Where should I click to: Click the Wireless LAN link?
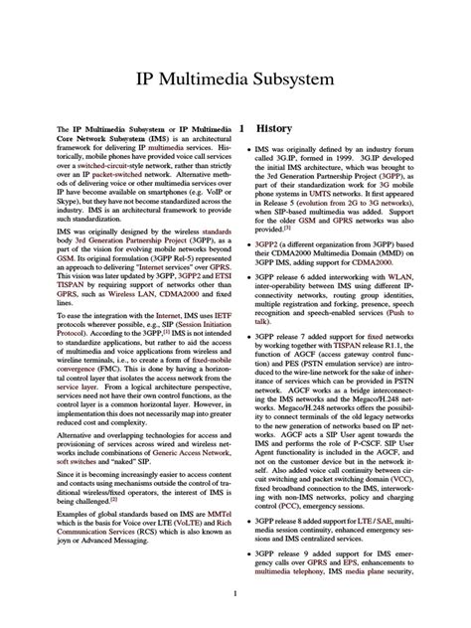(133, 267)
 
